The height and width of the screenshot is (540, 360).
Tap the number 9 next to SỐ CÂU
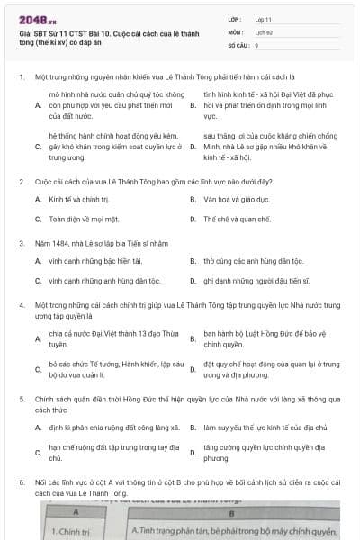point(256,44)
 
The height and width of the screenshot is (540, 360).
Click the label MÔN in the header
point(233,31)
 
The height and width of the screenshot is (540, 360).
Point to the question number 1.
point(21,78)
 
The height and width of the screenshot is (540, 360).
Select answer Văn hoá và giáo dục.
point(235,198)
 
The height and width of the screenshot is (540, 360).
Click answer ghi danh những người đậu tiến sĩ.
point(251,281)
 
